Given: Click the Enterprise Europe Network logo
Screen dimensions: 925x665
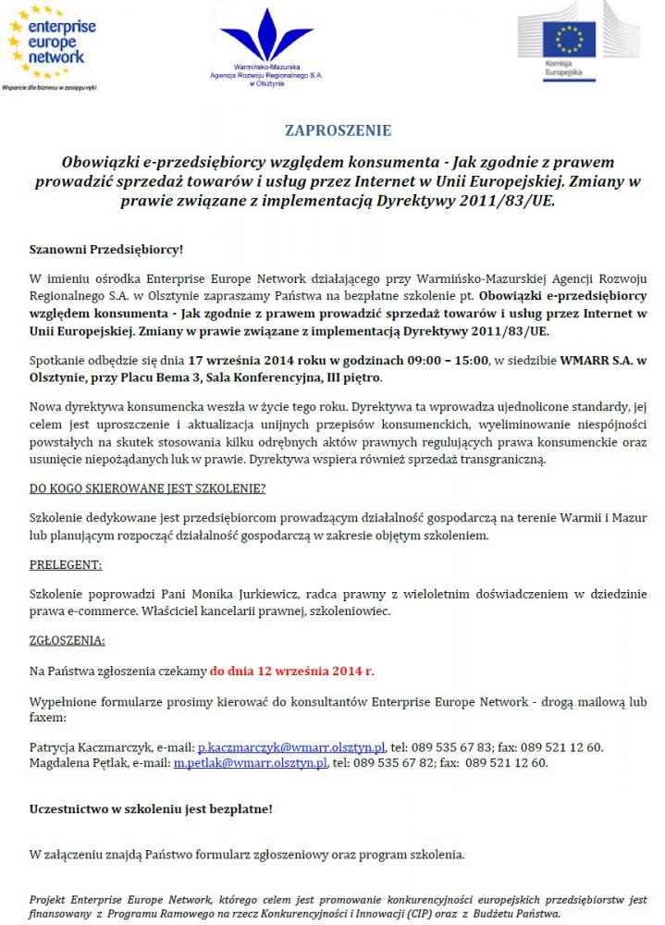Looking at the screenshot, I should tap(52, 46).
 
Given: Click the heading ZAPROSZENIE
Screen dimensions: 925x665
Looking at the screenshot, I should tap(338, 130).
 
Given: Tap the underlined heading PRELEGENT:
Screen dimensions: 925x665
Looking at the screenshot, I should tap(66, 564).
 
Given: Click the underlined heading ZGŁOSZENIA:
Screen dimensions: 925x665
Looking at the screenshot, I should tap(68, 639).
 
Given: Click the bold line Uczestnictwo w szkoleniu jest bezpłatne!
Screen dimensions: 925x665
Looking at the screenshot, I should tap(152, 808).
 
